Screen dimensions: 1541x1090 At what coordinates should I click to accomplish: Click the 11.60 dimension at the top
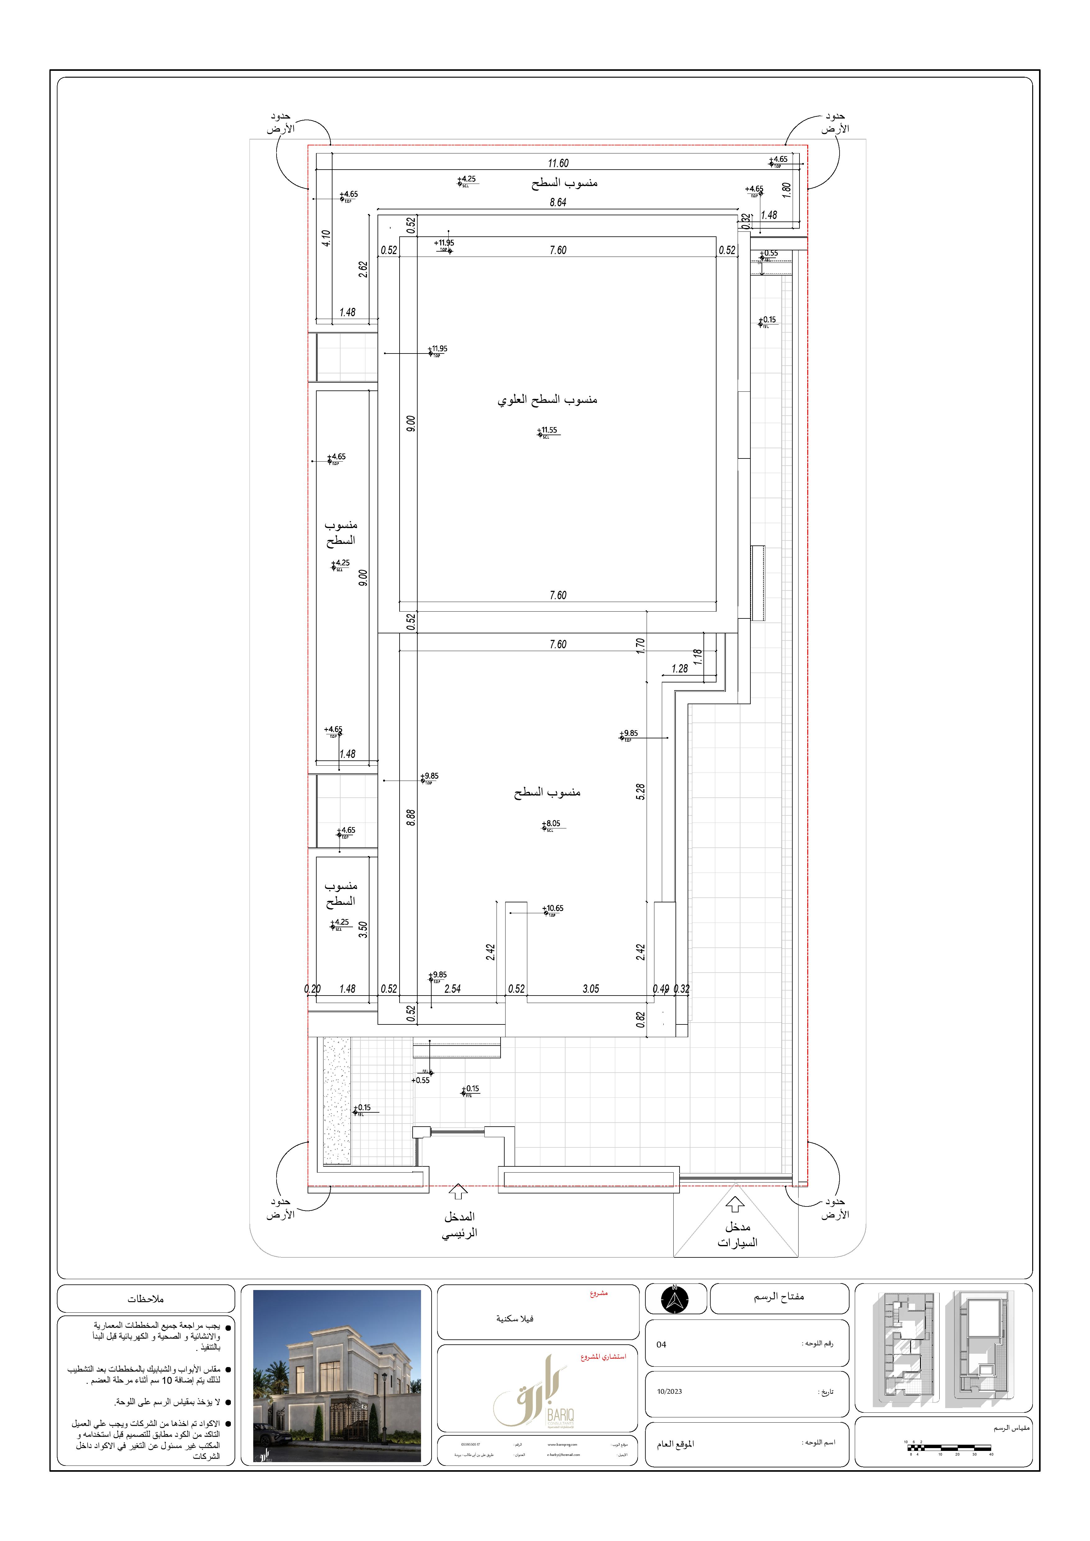(x=558, y=163)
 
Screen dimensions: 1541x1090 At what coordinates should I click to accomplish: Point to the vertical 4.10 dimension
(x=326, y=238)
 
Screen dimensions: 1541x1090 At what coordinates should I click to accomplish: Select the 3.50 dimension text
(x=363, y=930)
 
